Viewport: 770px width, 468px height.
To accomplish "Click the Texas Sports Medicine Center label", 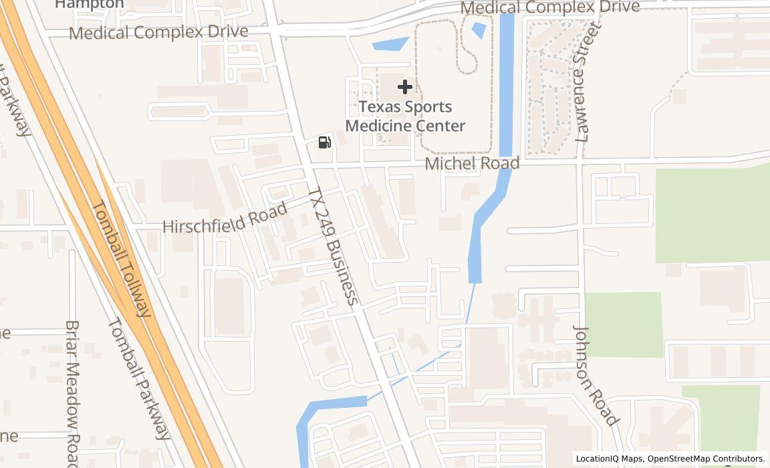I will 405,116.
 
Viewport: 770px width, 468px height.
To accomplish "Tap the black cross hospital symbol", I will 405,87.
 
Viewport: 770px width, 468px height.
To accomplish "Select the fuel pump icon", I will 325,142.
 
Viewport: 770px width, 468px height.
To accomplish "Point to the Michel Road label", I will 472,163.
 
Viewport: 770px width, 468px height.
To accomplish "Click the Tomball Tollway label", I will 121,258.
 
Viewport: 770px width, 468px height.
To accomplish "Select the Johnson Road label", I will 594,375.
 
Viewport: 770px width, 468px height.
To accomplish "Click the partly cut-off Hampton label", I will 89,4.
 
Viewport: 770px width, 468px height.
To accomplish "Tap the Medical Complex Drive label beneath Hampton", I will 158,31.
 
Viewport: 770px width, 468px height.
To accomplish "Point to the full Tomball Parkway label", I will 138,378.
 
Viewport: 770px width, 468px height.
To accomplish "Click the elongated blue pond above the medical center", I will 390,45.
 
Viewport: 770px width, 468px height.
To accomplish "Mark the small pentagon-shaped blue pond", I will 479,29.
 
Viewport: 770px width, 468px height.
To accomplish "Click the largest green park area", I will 712,215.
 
